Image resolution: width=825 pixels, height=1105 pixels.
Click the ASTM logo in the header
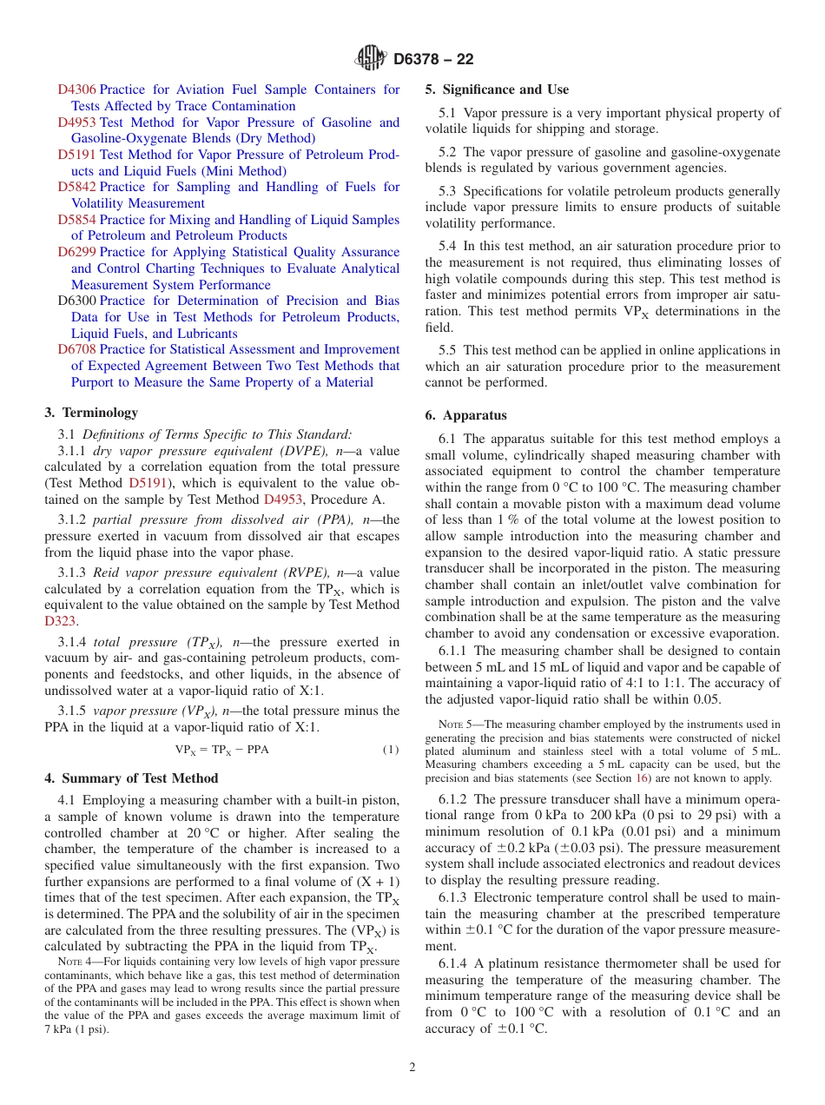tap(370, 58)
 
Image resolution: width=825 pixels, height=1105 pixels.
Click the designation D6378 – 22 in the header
tap(433, 59)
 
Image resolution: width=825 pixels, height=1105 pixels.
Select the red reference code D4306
tap(77, 89)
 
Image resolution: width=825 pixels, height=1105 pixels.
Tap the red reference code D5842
tap(77, 187)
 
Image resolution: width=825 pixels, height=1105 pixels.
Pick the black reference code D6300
tap(77, 301)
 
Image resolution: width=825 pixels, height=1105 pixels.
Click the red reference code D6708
tap(77, 349)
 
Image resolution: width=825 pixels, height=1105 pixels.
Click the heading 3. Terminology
tap(91, 413)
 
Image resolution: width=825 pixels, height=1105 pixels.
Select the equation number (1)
tap(391, 749)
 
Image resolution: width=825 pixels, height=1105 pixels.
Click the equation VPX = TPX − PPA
tap(221, 749)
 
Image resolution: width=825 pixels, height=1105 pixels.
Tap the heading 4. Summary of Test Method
tap(131, 778)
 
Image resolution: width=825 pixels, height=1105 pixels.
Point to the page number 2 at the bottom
tap(412, 1068)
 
